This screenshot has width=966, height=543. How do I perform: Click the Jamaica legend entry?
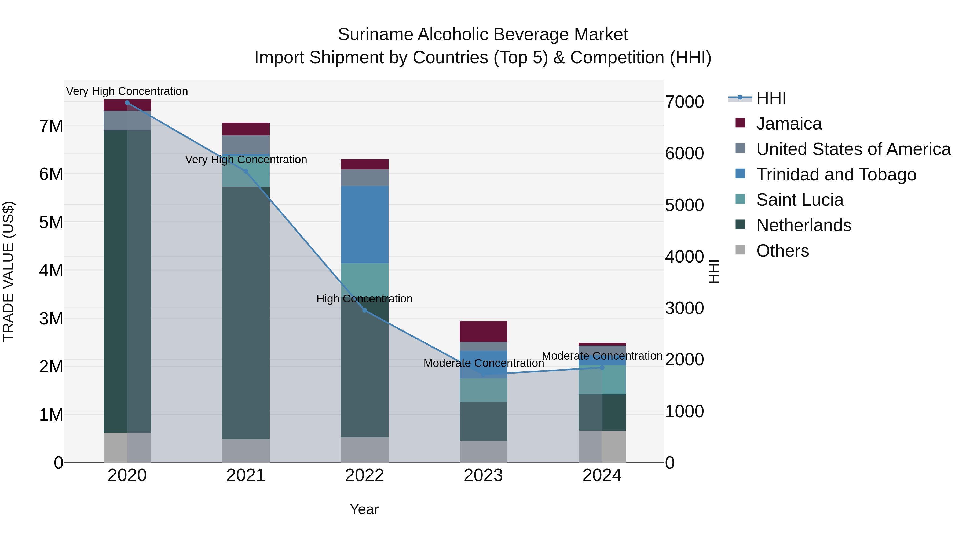[x=788, y=124]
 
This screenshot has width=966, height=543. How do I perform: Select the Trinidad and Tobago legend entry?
[x=836, y=175]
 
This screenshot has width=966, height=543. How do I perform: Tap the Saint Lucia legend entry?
[x=800, y=200]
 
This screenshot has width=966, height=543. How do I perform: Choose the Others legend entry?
[x=782, y=251]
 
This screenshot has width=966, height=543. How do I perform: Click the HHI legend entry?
[x=771, y=98]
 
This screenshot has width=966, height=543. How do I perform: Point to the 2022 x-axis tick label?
[x=364, y=475]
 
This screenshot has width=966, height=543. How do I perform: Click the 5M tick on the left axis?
[x=51, y=222]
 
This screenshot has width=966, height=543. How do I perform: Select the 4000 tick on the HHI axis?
[x=684, y=257]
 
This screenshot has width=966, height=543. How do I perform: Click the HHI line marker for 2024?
[x=602, y=368]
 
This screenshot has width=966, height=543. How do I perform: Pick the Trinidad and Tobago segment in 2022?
[x=364, y=225]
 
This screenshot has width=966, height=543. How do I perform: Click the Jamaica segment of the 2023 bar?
[x=483, y=331]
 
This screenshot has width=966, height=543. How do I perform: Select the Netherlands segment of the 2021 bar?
[x=246, y=313]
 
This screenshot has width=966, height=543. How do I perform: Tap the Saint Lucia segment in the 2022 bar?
[x=364, y=277]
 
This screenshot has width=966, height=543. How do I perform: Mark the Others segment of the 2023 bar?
[x=483, y=452]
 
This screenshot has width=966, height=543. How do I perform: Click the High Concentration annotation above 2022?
[x=364, y=299]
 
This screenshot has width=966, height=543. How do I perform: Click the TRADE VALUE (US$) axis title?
[x=8, y=271]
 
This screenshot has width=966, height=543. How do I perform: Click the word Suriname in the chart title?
[x=375, y=35]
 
